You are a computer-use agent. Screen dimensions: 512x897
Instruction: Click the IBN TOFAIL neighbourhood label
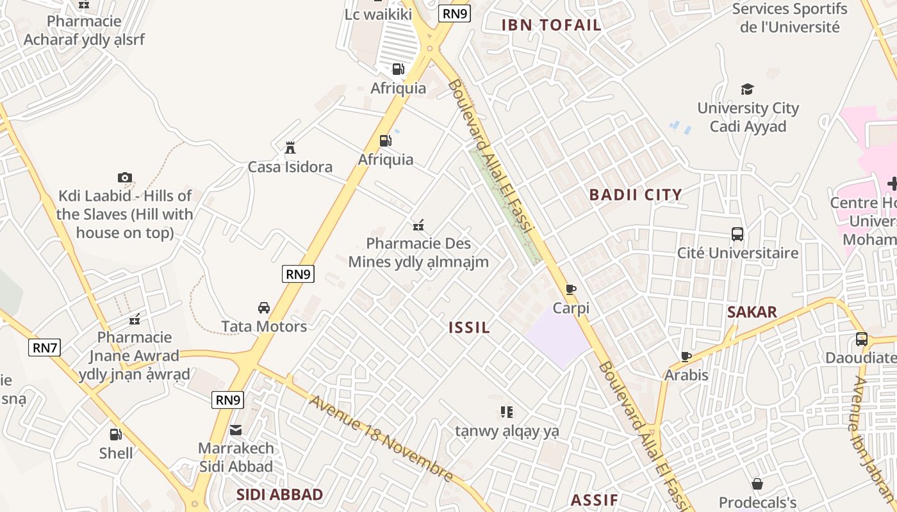(x=551, y=25)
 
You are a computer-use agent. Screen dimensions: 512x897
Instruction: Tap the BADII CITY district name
(x=636, y=195)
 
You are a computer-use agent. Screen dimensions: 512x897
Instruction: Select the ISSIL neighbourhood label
(x=470, y=328)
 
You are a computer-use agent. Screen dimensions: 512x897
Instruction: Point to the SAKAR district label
(x=752, y=312)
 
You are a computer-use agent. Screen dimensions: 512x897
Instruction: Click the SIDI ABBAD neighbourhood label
(x=279, y=494)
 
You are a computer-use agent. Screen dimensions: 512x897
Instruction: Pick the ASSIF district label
(x=595, y=500)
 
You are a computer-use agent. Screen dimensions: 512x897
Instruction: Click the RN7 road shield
(x=45, y=348)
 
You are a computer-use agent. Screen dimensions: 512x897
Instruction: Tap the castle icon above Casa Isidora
(x=290, y=148)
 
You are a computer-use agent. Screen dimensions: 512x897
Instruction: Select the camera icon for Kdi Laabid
(x=124, y=177)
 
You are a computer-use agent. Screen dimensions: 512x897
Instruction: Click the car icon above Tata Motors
(x=263, y=308)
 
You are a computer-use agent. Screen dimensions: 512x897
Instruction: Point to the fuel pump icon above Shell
(x=116, y=435)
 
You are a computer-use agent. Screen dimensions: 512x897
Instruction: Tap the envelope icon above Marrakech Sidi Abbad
(x=236, y=429)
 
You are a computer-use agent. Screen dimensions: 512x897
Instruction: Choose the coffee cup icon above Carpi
(x=571, y=290)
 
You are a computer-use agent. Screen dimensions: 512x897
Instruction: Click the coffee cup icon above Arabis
(x=686, y=356)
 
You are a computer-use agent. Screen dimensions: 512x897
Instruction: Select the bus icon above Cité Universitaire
(x=737, y=234)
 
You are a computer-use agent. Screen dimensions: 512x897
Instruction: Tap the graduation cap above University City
(x=747, y=89)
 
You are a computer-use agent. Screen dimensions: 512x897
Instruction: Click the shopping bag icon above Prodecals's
(x=757, y=484)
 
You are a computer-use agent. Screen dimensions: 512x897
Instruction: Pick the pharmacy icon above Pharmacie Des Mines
(x=418, y=225)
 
